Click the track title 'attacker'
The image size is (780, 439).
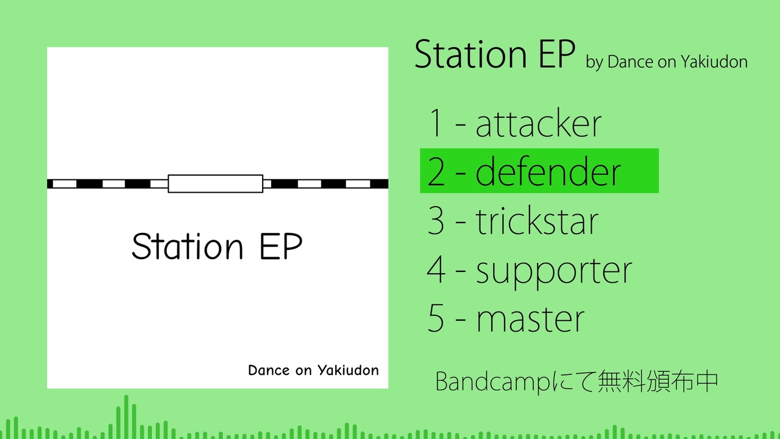538,123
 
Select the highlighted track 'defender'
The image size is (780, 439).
548,171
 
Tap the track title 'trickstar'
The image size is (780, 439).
537,221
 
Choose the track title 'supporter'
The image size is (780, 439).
554,273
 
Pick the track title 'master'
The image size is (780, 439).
530,319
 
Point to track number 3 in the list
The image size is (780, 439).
436,220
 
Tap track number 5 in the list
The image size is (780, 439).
436,318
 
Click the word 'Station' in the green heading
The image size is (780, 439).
470,55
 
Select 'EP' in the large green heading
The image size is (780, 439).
557,55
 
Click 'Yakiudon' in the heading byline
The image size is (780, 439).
714,62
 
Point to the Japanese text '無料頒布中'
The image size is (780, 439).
658,382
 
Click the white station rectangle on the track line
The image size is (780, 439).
216,184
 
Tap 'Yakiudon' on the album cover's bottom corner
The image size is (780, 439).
348,370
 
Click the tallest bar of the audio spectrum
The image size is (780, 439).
126,417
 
